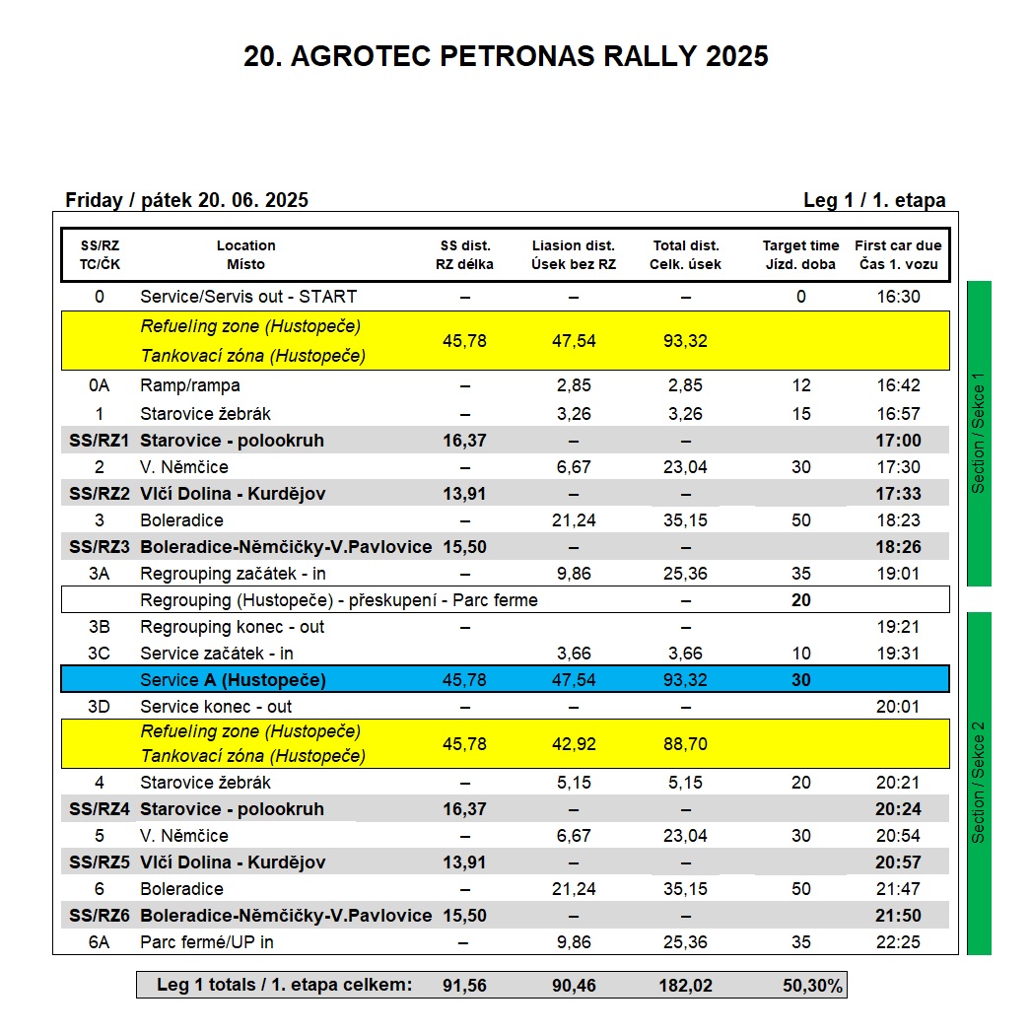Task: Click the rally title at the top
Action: (506, 56)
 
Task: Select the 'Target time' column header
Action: (800, 254)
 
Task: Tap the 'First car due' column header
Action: (898, 254)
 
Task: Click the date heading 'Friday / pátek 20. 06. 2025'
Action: (186, 200)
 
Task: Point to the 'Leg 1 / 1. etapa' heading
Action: (874, 200)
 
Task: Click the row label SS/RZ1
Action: (99, 441)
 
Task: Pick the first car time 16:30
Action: (898, 297)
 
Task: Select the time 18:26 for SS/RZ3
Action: (898, 547)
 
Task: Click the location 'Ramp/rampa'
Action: (190, 385)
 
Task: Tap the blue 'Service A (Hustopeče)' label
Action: (233, 680)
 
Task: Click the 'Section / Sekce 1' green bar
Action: (979, 434)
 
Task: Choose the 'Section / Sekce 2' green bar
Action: (979, 784)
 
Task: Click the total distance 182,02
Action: (686, 985)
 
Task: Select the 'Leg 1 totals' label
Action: (284, 985)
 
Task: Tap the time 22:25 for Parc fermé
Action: (898, 942)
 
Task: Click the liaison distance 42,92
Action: (573, 744)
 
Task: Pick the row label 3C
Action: (99, 654)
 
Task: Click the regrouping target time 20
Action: (800, 600)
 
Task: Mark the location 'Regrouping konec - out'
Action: (232, 627)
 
